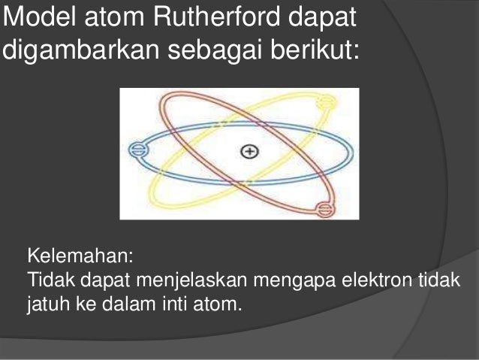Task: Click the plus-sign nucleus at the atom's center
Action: click(249, 151)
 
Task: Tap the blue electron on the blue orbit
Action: click(137, 149)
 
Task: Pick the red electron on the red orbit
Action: click(323, 209)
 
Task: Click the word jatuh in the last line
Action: click(48, 305)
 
